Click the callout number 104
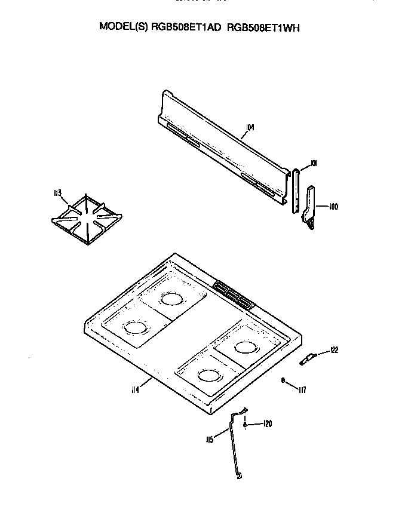coord(250,127)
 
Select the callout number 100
coord(334,207)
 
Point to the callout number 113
coord(57,192)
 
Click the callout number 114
coord(136,389)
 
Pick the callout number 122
coord(334,350)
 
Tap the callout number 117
coord(302,390)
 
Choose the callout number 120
coord(268,424)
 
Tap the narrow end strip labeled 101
coord(295,191)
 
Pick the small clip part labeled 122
coord(308,358)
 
